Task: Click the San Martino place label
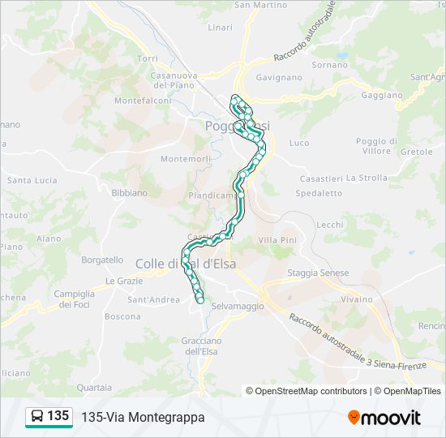[260, 5]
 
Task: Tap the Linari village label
[220, 28]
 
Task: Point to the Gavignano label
[279, 78]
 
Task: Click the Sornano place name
[329, 64]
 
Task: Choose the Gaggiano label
[381, 95]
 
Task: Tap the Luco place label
[298, 143]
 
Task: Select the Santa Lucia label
[30, 180]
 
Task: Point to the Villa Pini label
[277, 240]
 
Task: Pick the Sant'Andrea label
[153, 300]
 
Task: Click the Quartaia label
[95, 388]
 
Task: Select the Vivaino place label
[356, 299]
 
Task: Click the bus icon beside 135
[37, 416]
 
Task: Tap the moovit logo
[384, 417]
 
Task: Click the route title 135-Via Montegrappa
[143, 417]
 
